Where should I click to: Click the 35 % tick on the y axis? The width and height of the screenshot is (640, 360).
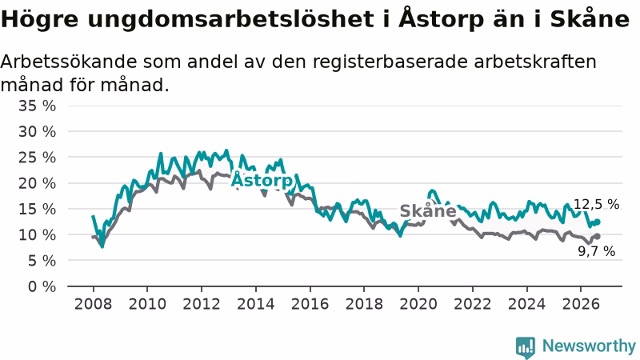[x=37, y=106]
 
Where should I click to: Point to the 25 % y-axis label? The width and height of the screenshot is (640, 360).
[x=37, y=158]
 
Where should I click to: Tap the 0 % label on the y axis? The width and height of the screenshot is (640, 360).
[x=42, y=286]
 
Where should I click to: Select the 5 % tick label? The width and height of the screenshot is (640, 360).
[x=42, y=261]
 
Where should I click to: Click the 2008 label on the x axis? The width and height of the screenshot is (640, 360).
[x=93, y=304]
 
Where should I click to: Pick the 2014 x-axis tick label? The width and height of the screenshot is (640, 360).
[x=256, y=304]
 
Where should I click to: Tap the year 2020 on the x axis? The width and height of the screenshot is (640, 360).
[x=418, y=304]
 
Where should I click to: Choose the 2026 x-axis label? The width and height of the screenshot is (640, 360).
[x=581, y=304]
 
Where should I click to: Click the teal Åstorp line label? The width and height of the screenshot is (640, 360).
[x=262, y=180]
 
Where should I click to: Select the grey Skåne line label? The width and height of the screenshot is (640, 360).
[x=428, y=210]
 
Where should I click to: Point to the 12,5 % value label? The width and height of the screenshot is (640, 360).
[x=596, y=204]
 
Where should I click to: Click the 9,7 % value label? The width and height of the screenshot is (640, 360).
[x=596, y=251]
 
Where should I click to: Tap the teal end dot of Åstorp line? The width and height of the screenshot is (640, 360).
[x=597, y=222]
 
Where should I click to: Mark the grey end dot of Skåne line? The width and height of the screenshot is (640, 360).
[x=597, y=236]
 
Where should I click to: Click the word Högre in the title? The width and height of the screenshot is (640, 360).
[x=39, y=19]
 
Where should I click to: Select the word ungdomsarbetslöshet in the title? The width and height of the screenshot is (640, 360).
[x=230, y=19]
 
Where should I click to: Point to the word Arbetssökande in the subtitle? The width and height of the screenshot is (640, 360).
[x=69, y=62]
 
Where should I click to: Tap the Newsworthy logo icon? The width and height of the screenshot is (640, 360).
[x=526, y=347]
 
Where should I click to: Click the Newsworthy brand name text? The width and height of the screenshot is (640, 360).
[x=589, y=346]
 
